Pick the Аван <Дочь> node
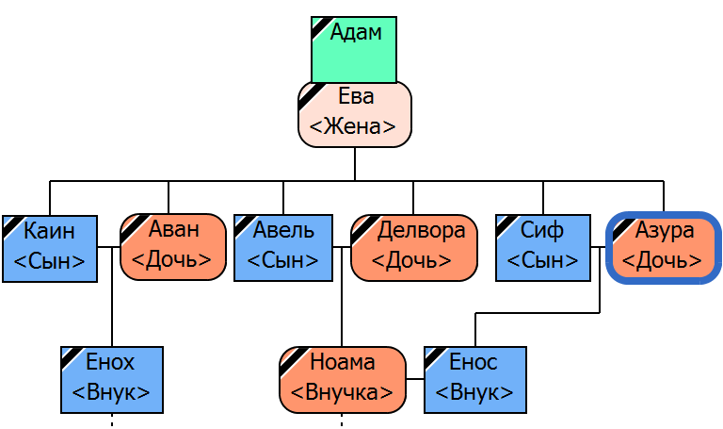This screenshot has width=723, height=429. (x=173, y=247)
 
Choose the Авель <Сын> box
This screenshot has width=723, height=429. (x=283, y=248)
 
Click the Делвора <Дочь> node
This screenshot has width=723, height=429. (x=414, y=248)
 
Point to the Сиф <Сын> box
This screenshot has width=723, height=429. (x=543, y=248)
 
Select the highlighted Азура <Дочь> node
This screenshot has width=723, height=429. (x=664, y=248)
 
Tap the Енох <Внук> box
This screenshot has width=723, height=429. (x=112, y=380)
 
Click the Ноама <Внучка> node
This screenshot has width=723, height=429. (x=343, y=380)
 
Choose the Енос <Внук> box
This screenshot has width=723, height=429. (x=475, y=380)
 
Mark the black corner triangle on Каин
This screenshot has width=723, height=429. (x=10, y=223)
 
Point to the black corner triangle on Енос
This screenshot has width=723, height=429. (x=432, y=355)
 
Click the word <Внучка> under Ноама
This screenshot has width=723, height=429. (x=343, y=392)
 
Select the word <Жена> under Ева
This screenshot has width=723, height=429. (x=354, y=126)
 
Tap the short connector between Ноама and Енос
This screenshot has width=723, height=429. (x=415, y=380)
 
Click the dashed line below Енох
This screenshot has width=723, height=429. (x=112, y=421)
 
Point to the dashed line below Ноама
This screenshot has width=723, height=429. (x=342, y=421)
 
